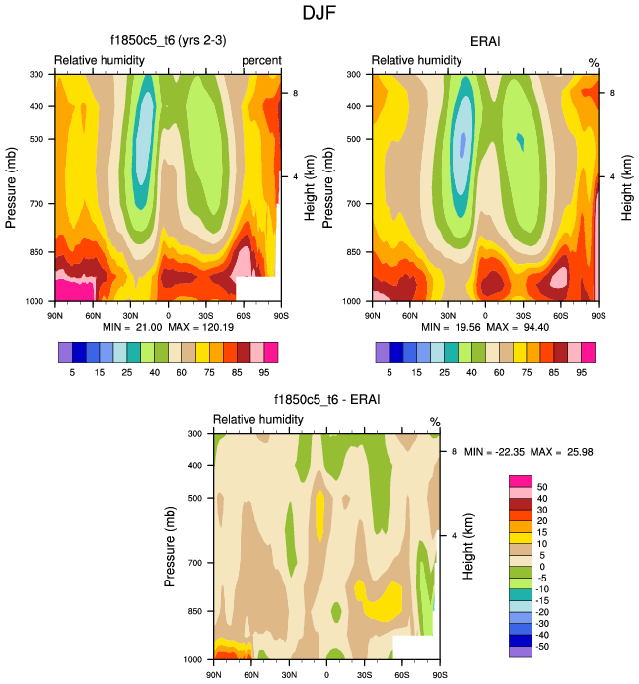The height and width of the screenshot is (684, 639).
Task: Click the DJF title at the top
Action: (x=319, y=14)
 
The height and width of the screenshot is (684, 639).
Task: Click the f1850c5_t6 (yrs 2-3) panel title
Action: (x=168, y=41)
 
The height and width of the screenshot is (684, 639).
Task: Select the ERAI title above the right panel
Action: (x=485, y=41)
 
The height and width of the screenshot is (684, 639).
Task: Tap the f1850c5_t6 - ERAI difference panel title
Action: (x=326, y=400)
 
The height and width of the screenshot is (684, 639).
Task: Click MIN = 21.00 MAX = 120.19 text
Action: (x=168, y=326)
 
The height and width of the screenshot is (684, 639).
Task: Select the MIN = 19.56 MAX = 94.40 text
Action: (x=484, y=326)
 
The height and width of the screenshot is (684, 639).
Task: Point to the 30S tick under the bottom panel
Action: (x=364, y=674)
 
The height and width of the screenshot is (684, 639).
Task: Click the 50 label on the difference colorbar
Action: (x=542, y=487)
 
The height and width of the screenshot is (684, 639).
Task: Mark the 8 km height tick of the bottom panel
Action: (x=454, y=451)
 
